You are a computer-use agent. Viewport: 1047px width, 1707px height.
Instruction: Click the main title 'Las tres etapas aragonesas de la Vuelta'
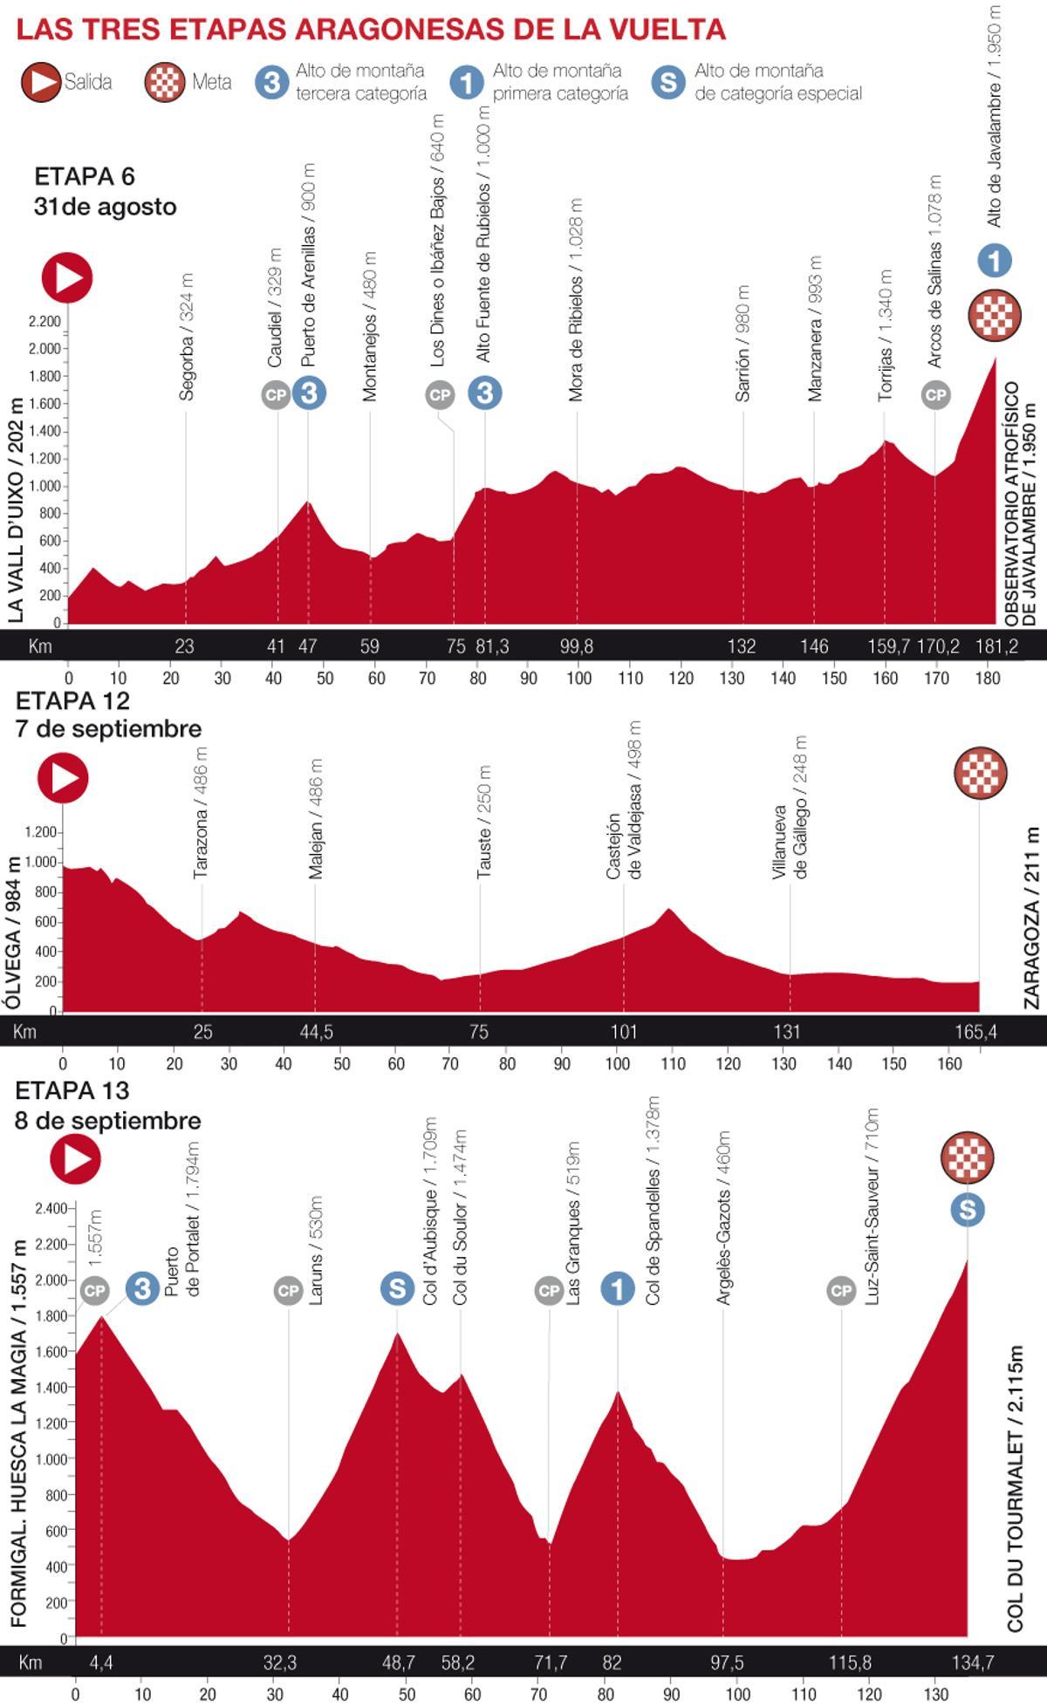371,30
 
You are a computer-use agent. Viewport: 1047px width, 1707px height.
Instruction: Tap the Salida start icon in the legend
40,82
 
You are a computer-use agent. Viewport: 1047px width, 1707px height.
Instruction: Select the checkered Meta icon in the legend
164,82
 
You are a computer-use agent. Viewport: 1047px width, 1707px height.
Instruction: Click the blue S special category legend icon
667,82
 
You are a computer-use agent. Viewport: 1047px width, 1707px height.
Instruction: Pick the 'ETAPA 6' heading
85,176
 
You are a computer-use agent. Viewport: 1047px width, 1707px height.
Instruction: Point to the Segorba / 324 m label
186,337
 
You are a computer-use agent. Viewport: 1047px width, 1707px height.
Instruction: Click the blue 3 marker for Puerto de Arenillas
309,393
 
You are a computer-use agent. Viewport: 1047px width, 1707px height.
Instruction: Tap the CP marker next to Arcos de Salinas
935,395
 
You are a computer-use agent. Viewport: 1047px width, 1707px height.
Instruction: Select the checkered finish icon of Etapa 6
994,315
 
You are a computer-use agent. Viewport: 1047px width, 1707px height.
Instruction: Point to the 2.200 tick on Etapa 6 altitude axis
44,322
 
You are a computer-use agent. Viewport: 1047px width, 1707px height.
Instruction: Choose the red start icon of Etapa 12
63,778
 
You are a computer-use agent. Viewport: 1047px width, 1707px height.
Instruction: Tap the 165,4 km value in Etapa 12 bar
975,1032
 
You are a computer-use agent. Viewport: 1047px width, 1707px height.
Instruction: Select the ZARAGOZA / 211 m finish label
1032,918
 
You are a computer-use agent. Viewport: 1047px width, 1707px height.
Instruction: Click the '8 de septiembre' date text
107,1121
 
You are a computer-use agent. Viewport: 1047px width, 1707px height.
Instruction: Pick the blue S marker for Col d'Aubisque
397,1287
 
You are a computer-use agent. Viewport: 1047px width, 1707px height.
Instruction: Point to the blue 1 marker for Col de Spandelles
618,1287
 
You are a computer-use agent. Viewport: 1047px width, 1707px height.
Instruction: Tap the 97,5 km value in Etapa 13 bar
726,1663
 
